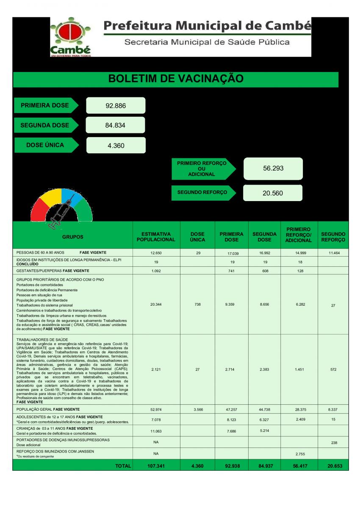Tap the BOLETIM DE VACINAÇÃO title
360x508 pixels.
coord(176,79)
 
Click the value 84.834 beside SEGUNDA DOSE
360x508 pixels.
coord(115,125)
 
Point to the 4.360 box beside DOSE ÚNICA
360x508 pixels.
coord(116,145)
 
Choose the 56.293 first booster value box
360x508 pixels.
coord(273,168)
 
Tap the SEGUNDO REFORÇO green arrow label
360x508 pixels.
coord(203,192)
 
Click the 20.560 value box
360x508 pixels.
coord(273,193)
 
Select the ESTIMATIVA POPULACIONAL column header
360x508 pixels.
coord(156,237)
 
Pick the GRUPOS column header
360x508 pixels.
coord(73,237)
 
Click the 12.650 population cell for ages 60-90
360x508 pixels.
coord(156,253)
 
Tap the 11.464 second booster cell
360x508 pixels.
coord(333,253)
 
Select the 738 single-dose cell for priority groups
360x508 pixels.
coord(197,304)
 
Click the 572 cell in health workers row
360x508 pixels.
coord(333,370)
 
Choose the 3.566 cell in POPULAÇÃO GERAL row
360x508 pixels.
coord(197,410)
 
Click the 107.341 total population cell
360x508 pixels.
coord(156,466)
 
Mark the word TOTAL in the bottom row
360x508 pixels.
coord(123,466)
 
